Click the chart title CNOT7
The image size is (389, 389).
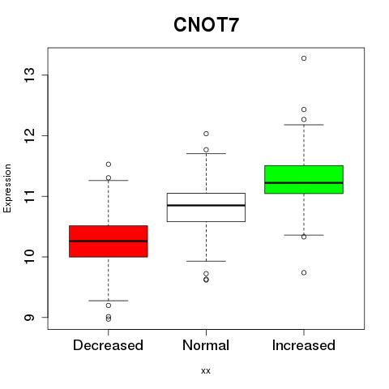206,25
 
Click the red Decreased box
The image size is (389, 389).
109,242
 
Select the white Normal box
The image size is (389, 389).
206,207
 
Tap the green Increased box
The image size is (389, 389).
304,179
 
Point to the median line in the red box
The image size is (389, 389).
109,241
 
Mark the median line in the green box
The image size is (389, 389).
304,183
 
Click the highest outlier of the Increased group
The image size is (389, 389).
304,58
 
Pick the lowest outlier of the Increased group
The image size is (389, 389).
304,273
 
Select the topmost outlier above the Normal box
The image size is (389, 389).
206,134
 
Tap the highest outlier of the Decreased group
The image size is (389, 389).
109,165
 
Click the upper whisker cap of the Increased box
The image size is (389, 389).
304,125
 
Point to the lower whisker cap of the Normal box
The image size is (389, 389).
206,261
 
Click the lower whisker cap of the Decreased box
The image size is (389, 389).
109,301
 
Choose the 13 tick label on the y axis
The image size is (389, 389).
30,75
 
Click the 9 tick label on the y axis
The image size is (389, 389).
30,317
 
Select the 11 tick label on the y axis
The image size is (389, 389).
30,196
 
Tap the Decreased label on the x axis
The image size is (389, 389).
108,345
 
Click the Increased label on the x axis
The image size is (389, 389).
304,345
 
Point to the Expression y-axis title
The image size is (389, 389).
7,189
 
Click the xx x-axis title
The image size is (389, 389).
206,371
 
